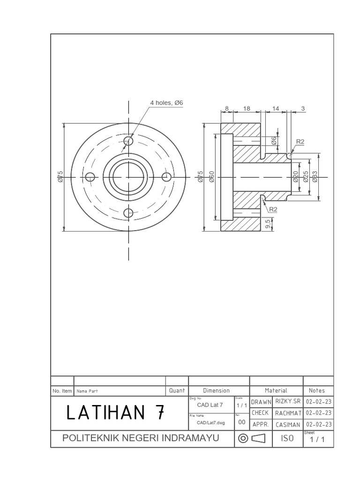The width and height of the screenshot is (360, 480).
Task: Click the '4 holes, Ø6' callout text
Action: click(166, 103)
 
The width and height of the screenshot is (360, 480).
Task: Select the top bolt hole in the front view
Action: click(129, 141)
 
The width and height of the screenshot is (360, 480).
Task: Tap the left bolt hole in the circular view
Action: click(90, 177)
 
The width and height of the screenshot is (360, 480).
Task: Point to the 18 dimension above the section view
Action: click(247, 108)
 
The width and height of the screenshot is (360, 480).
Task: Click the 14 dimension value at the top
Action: click(276, 108)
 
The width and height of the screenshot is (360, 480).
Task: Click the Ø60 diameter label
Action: click(211, 177)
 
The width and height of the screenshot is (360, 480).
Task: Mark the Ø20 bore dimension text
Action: click(296, 177)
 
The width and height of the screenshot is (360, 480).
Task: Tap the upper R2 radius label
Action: click(300, 142)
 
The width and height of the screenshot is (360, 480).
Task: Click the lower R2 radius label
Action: click(273, 209)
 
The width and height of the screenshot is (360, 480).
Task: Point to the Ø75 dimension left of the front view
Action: click(60, 177)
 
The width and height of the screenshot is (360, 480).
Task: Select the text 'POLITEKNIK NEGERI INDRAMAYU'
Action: click(141, 438)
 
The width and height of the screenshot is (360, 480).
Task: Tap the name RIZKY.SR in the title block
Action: click(287, 402)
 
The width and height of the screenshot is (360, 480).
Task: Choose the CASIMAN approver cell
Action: click(287, 424)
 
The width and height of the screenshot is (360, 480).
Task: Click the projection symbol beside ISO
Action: click(252, 438)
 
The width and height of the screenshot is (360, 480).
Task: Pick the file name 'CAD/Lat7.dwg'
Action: click(210, 422)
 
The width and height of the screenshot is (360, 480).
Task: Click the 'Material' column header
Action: click(276, 390)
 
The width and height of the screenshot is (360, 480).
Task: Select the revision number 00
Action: click(242, 422)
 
